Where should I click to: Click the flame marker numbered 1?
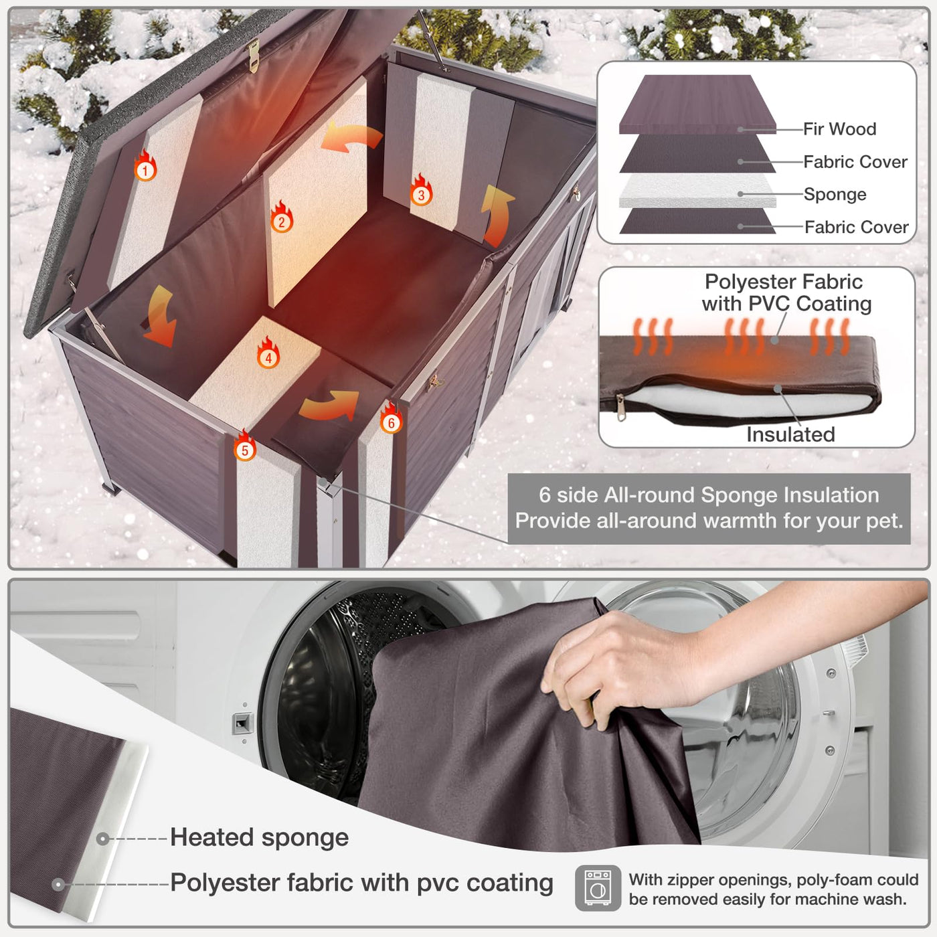click(145, 165)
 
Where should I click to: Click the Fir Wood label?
click(839, 129)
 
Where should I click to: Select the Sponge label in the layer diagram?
click(835, 194)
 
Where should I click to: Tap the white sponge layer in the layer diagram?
click(697, 190)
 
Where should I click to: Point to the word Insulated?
click(790, 434)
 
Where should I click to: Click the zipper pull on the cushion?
click(620, 406)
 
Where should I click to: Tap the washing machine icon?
click(598, 888)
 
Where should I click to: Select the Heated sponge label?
click(259, 838)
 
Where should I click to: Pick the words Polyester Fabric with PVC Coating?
click(786, 292)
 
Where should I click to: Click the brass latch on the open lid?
click(254, 56)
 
